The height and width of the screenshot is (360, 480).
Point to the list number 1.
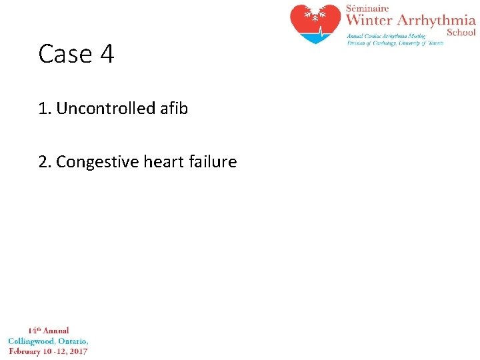coord(45,108)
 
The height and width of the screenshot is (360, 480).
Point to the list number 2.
coord(45,162)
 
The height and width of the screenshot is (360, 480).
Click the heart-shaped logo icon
coord(316,24)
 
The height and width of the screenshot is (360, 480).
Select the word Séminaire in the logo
coord(367,8)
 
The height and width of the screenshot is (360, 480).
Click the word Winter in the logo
coord(374,21)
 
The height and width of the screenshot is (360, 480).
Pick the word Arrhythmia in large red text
coord(441,21)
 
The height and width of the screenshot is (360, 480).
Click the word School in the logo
coord(461,32)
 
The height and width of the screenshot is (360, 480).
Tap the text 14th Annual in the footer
coord(48,331)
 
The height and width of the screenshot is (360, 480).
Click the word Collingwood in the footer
coord(34,341)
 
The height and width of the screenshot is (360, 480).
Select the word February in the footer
coord(27,351)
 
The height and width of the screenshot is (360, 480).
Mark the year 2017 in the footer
coord(78,351)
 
